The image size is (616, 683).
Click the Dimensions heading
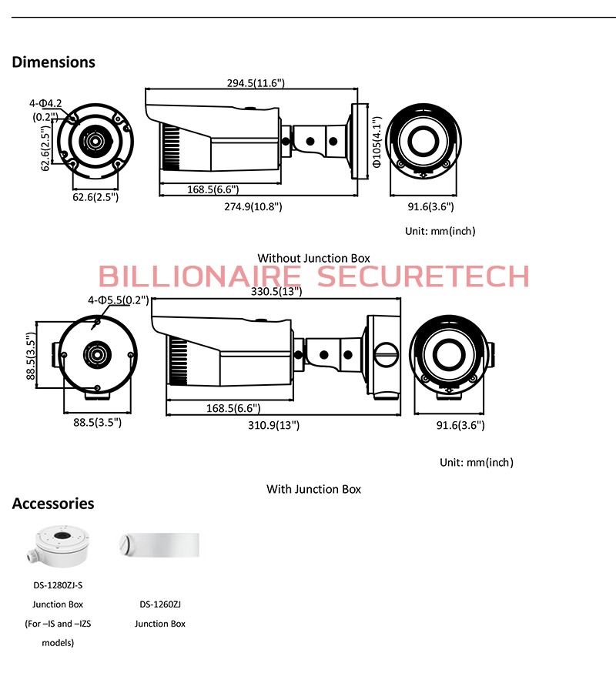[x=54, y=62]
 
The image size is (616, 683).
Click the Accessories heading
[x=53, y=504]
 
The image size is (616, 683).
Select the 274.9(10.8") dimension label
[x=253, y=206]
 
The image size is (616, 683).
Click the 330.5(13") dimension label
[x=276, y=291]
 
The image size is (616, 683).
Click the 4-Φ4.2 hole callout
[x=46, y=102]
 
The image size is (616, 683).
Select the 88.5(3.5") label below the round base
[x=97, y=422]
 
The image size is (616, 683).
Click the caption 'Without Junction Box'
[x=313, y=258]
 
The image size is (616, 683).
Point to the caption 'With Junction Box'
[x=313, y=489]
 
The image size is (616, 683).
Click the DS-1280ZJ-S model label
[x=58, y=584]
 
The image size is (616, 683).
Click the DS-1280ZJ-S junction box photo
[x=57, y=547]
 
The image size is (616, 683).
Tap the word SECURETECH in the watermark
[x=424, y=276]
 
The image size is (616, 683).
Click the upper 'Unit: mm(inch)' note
[x=440, y=231]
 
